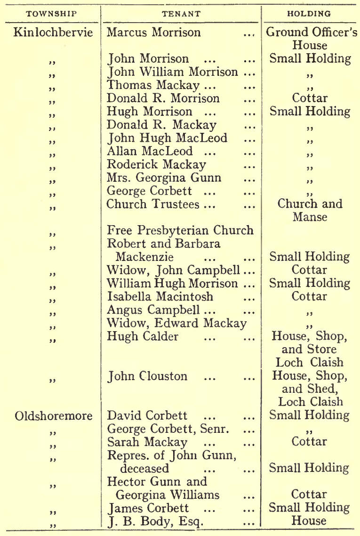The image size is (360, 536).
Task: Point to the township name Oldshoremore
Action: (x=53, y=416)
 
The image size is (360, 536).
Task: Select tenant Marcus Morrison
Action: (x=154, y=33)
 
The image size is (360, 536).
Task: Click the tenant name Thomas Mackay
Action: (x=147, y=85)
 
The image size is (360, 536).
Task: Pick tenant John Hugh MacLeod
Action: (x=167, y=138)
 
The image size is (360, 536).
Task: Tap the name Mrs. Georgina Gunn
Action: (x=164, y=178)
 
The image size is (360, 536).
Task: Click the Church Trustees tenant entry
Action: (x=153, y=204)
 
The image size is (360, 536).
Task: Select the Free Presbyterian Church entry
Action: (x=180, y=231)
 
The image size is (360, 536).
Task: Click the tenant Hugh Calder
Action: (x=138, y=336)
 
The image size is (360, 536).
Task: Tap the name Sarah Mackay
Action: (x=147, y=442)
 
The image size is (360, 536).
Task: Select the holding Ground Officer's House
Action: (x=310, y=39)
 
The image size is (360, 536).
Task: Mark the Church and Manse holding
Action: (x=310, y=211)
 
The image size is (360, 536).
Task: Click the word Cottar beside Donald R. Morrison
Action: (x=310, y=98)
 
